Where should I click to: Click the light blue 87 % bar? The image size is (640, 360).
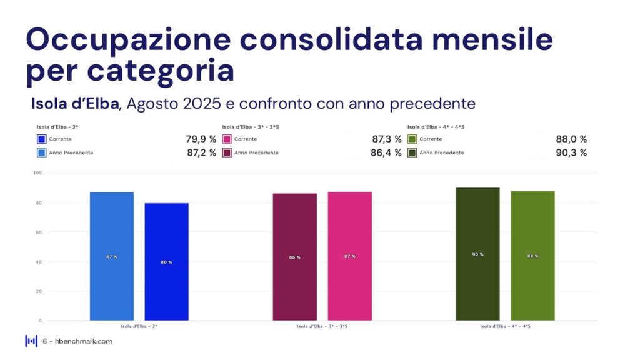point(111,256)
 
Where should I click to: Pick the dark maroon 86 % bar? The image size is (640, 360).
point(294,257)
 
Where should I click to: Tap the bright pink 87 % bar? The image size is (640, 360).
point(349,256)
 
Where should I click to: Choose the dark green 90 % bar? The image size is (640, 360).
point(477,254)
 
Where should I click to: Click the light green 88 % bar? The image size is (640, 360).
point(532,256)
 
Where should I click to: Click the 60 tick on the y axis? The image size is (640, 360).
point(38,232)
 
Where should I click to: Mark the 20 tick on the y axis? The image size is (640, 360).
point(38,291)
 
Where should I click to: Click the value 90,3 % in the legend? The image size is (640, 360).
point(571,152)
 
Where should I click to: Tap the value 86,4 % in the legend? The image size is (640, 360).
point(386,152)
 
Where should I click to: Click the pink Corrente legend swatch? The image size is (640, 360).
point(227,139)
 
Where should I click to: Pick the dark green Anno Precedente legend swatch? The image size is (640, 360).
point(412,152)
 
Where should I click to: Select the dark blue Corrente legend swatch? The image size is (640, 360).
point(42,139)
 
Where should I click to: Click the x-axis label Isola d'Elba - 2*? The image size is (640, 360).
point(139,326)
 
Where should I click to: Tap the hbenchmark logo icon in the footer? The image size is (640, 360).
point(31,341)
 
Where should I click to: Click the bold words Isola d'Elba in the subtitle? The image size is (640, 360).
point(74,102)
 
